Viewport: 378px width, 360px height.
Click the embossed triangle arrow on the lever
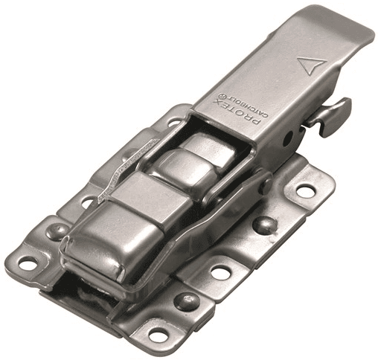click(x=312, y=65)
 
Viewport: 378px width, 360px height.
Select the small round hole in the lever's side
click(x=289, y=137)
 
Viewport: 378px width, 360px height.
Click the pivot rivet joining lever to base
click(x=265, y=183)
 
